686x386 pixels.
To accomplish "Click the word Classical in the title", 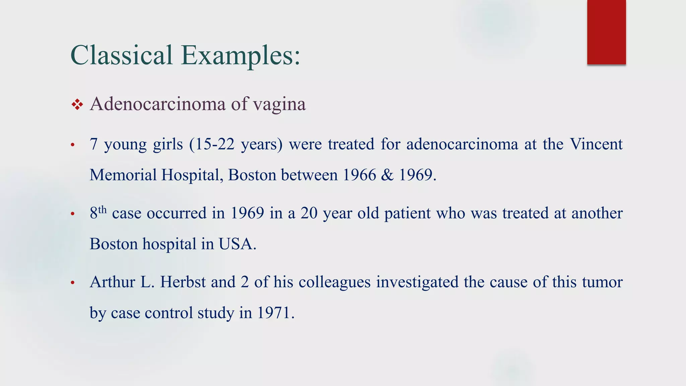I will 121,55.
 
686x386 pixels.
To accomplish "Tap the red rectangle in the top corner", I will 606,32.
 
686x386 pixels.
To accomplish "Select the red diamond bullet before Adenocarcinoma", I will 77,105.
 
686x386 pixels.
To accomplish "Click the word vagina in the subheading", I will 279,105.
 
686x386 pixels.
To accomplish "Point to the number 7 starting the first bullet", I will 93,144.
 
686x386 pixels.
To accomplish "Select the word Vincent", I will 596,144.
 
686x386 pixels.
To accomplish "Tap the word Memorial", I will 123,175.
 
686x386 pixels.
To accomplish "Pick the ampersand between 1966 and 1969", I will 387,175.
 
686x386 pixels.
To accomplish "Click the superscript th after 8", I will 102,210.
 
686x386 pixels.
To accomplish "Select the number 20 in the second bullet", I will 309,213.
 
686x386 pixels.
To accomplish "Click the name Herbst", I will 183,282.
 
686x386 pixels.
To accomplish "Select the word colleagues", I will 334,282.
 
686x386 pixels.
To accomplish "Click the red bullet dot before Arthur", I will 72,283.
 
